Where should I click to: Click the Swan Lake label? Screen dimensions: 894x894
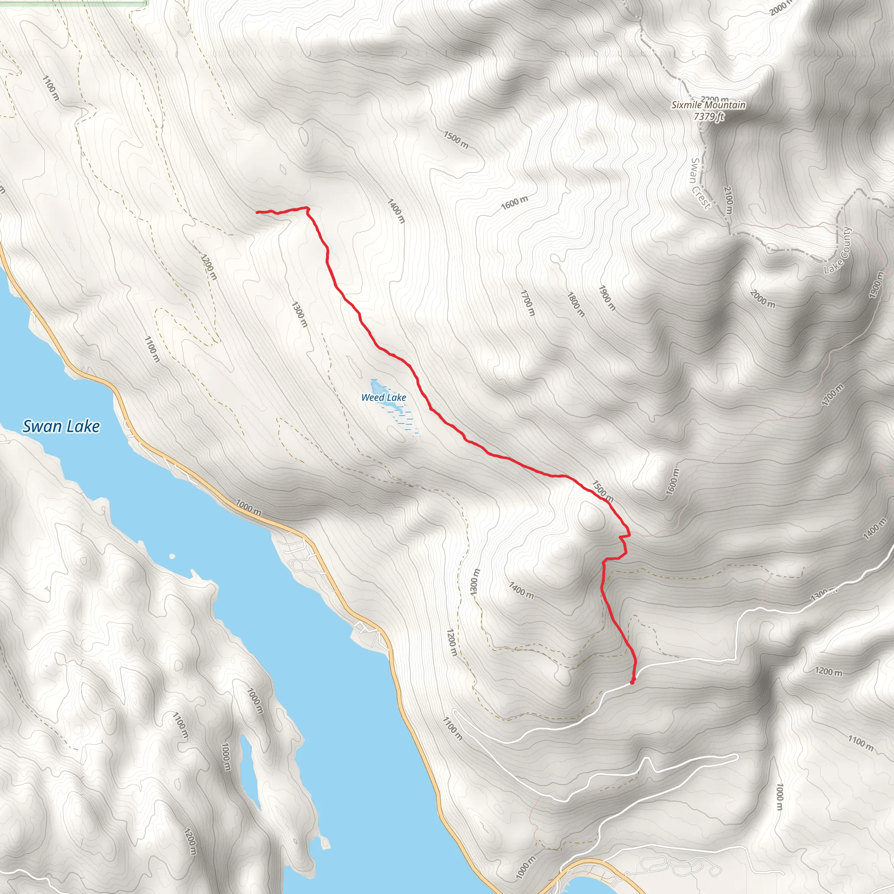pos(61,426)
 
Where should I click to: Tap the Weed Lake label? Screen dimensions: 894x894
pos(384,398)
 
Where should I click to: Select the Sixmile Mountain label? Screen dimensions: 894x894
pos(708,105)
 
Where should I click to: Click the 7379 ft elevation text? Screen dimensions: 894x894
pos(708,116)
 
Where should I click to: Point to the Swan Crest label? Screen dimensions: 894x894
pos(699,183)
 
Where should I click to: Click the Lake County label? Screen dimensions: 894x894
pos(838,250)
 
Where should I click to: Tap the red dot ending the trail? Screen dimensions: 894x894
pos(632,681)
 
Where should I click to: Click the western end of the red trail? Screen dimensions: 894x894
pos(257,212)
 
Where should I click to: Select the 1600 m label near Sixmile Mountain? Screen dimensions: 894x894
pos(515,203)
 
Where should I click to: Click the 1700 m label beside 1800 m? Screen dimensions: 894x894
pos(527,303)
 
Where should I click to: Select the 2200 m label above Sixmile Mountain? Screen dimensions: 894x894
pos(715,99)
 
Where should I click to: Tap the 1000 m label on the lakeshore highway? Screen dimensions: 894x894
pos(248,507)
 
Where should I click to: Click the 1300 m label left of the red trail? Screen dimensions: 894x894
pos(299,314)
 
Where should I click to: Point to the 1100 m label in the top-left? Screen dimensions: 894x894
pos(51,88)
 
